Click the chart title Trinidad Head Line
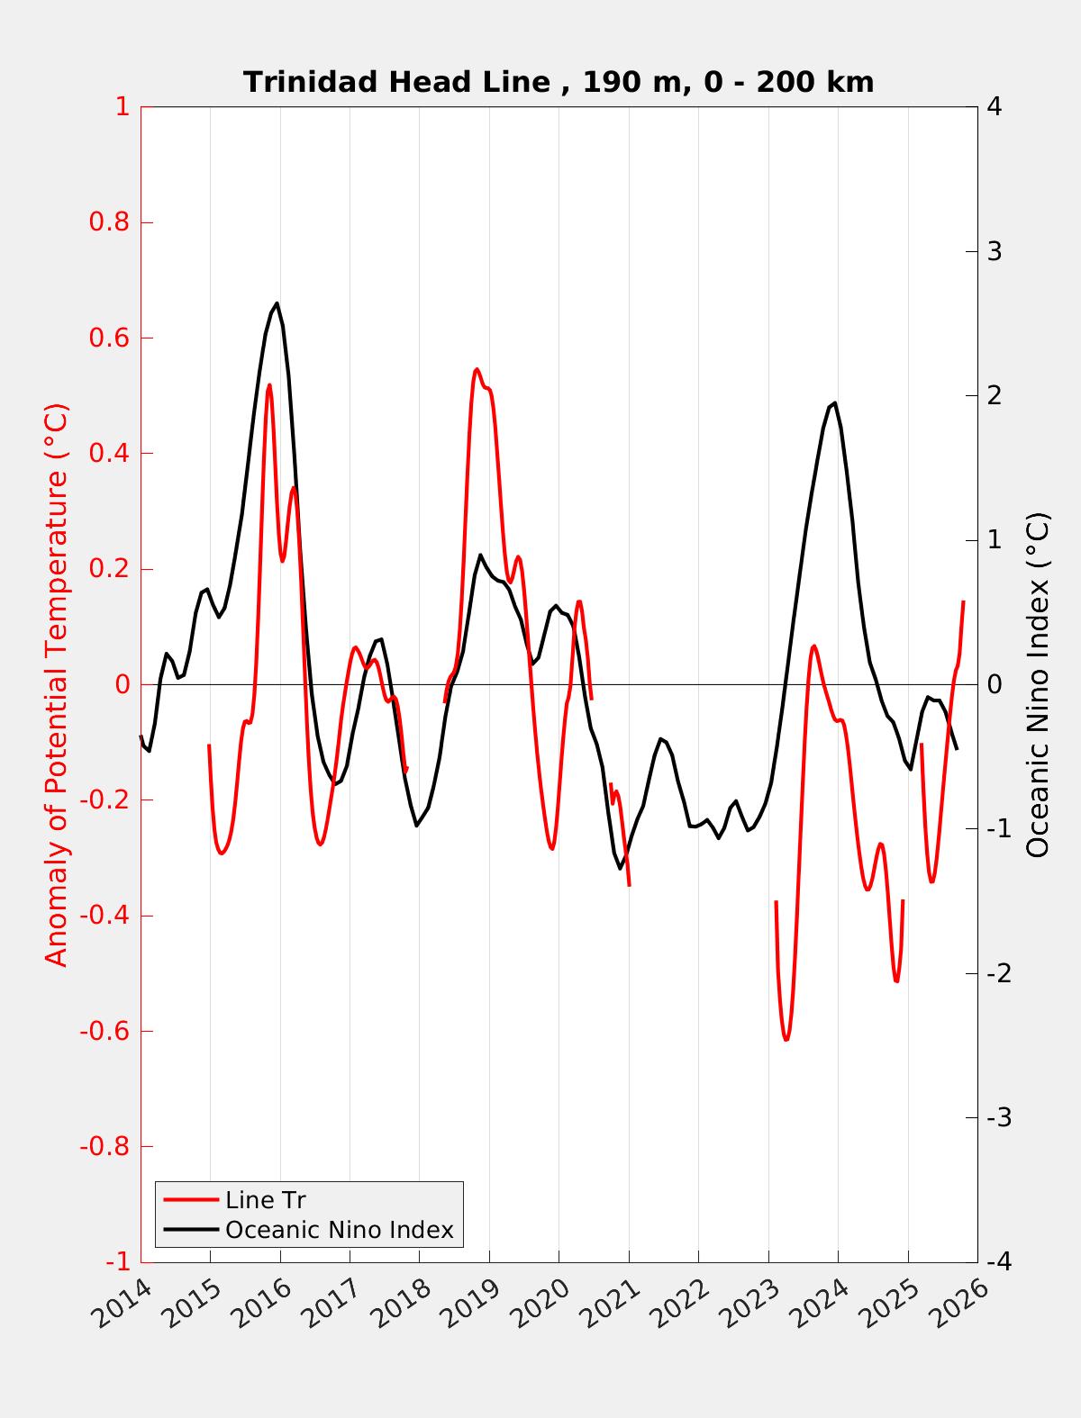click(558, 82)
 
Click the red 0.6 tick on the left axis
click(109, 338)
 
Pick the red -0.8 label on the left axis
click(104, 1146)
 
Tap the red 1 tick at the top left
click(122, 107)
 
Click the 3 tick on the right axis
click(995, 251)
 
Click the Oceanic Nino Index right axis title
click(1039, 684)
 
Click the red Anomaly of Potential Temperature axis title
click(57, 684)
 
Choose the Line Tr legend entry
click(265, 1200)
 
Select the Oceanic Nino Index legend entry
click(339, 1229)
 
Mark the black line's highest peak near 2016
click(277, 303)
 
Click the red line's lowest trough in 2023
click(786, 1040)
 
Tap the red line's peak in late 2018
click(477, 369)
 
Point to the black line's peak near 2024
click(835, 402)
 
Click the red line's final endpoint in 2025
click(963, 601)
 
